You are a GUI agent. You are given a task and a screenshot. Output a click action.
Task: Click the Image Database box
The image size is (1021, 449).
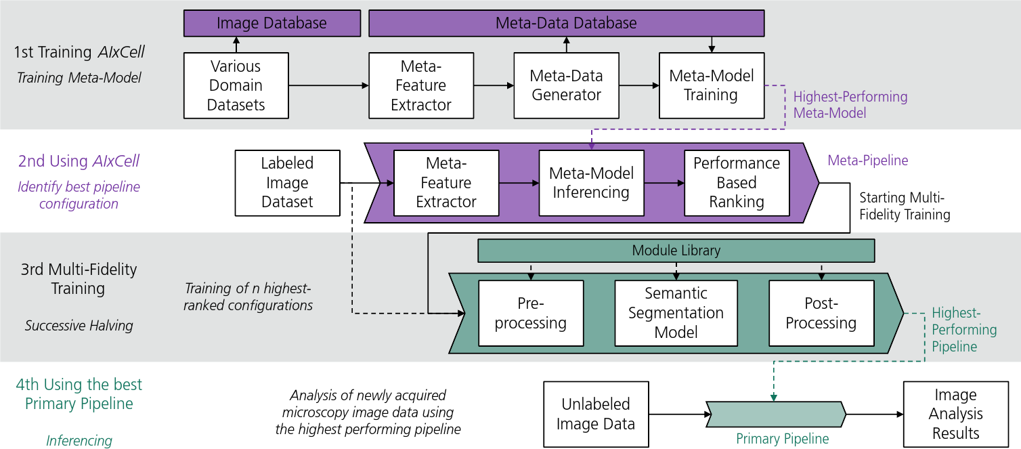(x=271, y=23)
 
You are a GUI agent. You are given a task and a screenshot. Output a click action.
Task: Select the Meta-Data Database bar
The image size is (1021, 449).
(x=566, y=23)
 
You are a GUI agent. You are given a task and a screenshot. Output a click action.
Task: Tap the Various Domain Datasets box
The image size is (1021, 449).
(x=236, y=85)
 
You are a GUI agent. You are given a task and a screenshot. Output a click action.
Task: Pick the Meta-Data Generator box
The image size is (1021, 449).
(x=566, y=85)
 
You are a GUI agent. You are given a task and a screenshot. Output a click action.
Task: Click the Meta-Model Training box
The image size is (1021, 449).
(x=711, y=85)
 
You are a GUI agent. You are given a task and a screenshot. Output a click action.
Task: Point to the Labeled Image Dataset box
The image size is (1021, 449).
(x=287, y=183)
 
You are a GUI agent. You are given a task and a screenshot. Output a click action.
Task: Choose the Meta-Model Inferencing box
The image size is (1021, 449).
(x=590, y=183)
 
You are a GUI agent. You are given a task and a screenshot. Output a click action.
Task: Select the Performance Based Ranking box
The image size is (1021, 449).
(x=737, y=183)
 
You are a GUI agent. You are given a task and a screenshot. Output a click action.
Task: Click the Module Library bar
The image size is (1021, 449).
(x=676, y=251)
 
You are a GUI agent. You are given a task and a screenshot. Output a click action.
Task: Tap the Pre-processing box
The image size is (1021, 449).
(x=531, y=313)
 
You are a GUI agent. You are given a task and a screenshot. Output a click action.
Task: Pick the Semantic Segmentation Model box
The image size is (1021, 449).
(x=676, y=313)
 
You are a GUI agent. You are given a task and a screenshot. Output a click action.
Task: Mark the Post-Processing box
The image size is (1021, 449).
(x=821, y=313)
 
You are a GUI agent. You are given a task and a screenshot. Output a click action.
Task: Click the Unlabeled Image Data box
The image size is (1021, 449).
(x=596, y=414)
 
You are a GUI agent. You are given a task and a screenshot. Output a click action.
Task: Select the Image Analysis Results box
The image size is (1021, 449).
(x=955, y=414)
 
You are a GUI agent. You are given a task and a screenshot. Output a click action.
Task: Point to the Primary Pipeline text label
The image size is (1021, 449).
(x=782, y=439)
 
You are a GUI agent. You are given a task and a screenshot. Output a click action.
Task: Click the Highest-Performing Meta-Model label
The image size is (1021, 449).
(x=850, y=105)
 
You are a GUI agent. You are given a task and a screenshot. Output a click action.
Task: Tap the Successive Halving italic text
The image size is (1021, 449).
(x=79, y=326)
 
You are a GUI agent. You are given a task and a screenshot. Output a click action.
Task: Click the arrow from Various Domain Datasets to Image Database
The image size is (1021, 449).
(x=236, y=45)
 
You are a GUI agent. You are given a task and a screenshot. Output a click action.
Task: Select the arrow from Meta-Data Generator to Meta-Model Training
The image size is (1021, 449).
(x=639, y=85)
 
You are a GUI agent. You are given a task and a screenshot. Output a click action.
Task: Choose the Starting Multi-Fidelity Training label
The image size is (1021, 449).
(x=905, y=206)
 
